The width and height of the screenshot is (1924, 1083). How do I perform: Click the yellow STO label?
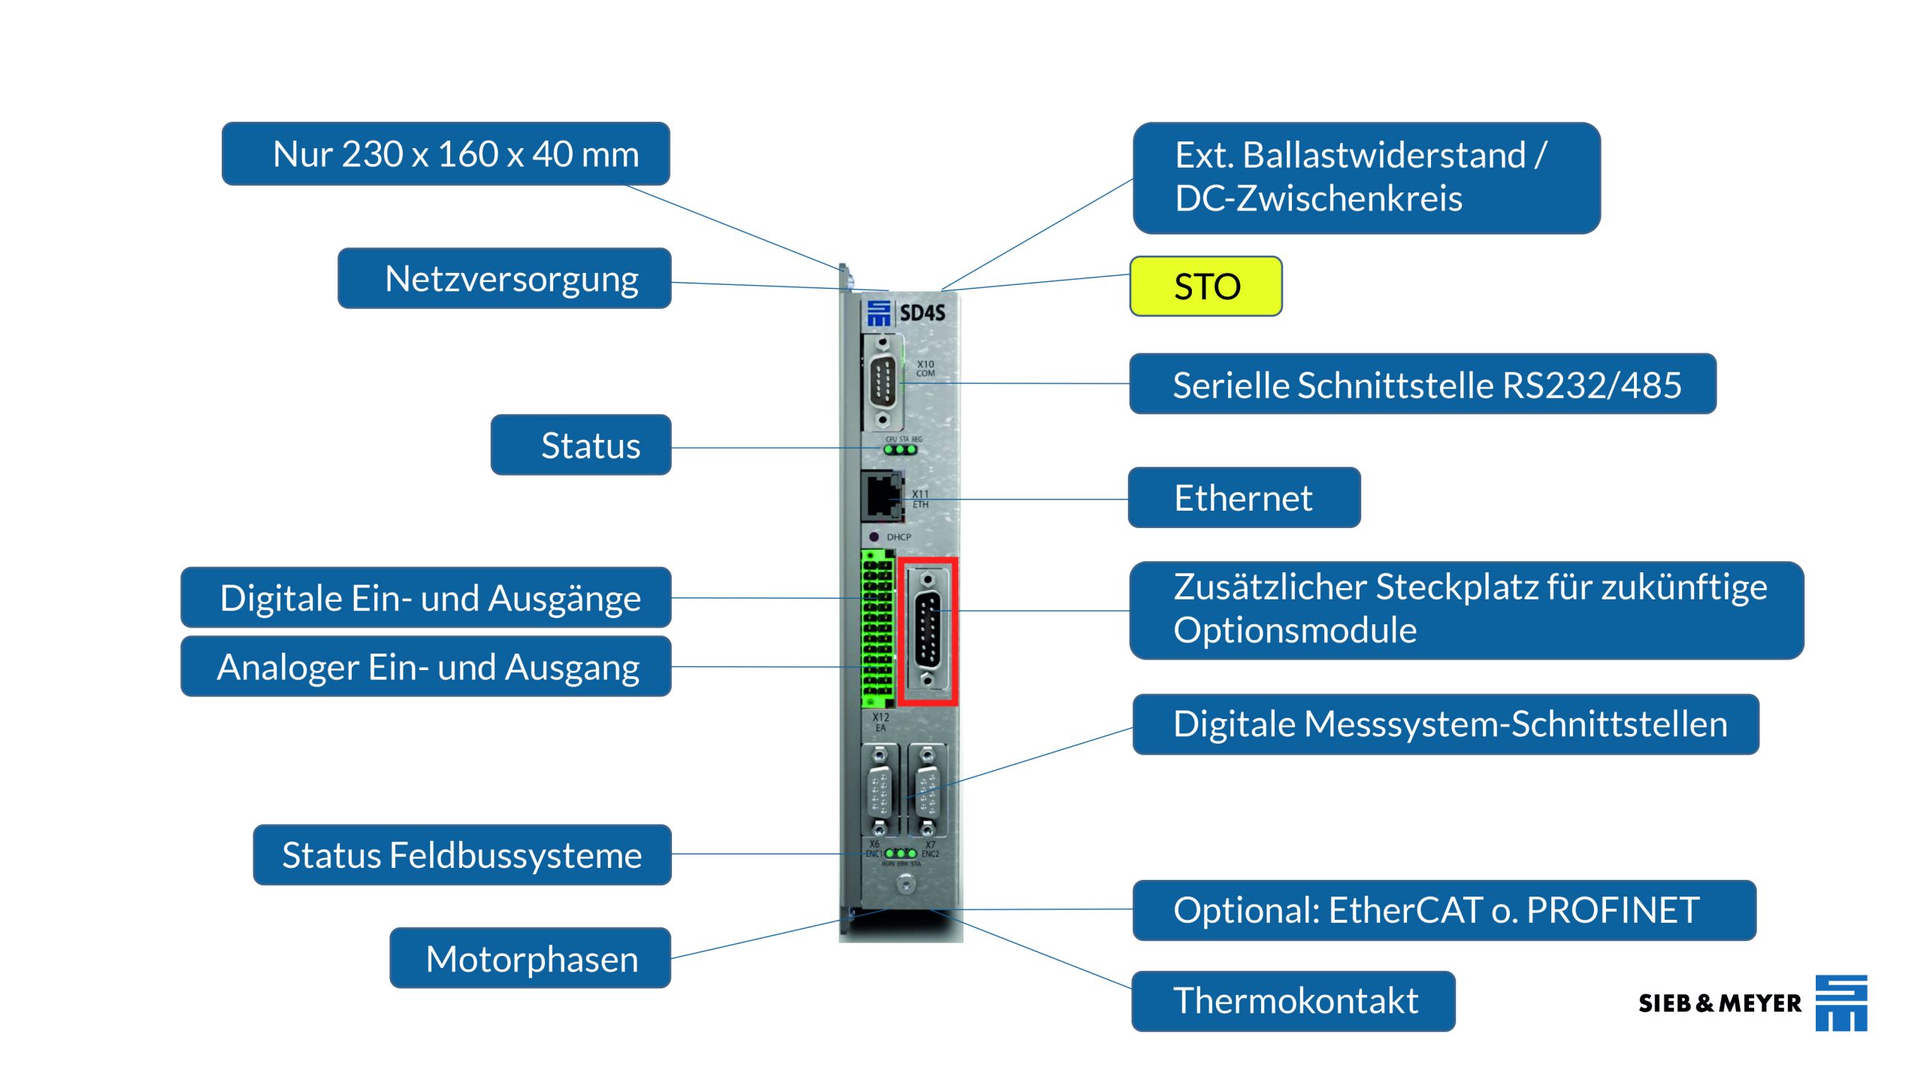1206,287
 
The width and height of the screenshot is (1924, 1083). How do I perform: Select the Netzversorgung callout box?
504,279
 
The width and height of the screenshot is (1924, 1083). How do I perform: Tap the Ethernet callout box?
1244,498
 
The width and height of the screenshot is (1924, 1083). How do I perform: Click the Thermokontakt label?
1293,1001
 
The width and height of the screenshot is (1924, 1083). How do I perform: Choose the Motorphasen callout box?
530,958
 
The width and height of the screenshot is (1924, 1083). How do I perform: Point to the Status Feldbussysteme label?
461,855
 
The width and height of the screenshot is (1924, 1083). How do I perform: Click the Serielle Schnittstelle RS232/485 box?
1422,384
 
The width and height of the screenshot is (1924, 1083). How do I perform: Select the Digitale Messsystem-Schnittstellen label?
1445,724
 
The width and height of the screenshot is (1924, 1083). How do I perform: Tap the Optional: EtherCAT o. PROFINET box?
1444,910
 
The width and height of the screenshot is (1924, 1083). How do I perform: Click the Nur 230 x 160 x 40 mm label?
446,154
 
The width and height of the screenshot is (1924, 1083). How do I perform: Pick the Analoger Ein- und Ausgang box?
426,667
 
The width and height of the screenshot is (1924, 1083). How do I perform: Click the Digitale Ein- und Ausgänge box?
426,598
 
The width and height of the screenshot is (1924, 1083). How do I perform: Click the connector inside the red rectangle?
928,630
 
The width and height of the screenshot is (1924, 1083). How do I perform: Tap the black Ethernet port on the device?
882,495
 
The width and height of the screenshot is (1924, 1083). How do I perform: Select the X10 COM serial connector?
882,383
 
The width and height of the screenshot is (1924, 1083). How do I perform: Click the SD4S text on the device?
922,313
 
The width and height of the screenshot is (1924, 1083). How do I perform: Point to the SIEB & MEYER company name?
1720,1003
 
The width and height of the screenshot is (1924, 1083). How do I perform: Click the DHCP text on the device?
898,537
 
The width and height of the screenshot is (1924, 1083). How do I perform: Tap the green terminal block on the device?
877,629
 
